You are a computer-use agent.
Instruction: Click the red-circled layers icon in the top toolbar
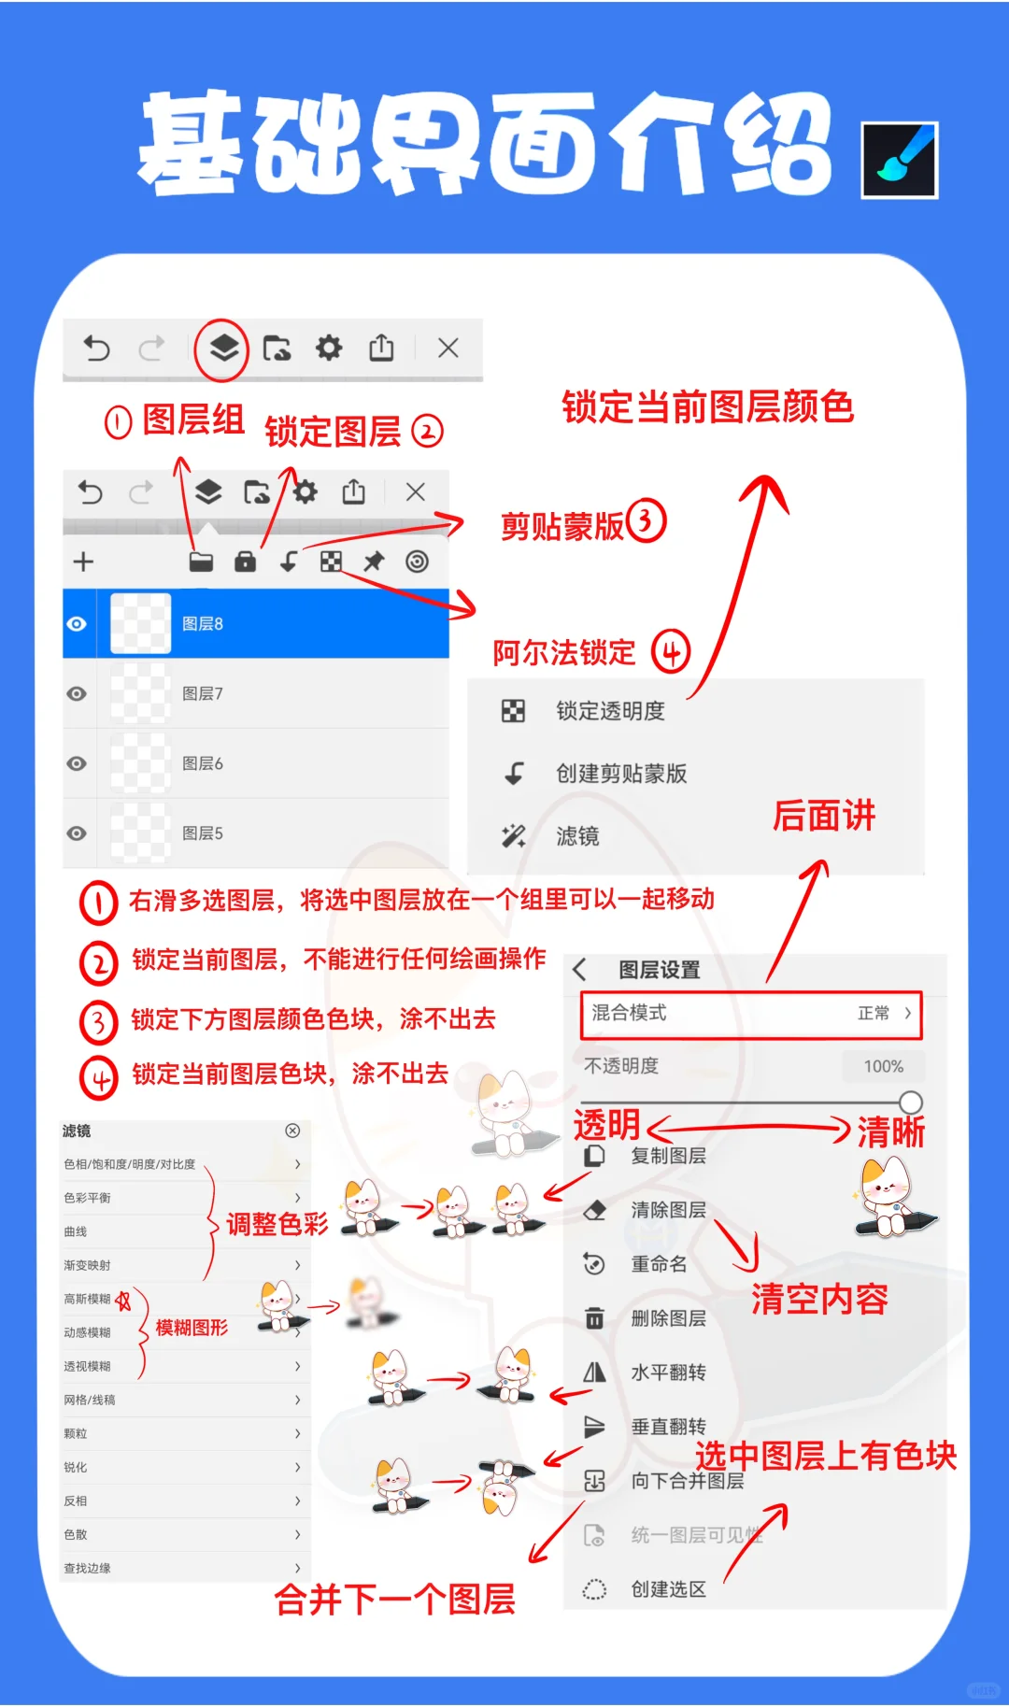tap(221, 349)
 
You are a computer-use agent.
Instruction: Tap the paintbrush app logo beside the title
tap(899, 160)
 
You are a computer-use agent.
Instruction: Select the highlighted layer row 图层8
tap(256, 623)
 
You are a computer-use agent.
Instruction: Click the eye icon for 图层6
tap(78, 763)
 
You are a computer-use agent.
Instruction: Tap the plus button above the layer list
tap(83, 562)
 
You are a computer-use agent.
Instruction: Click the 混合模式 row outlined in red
tap(751, 1014)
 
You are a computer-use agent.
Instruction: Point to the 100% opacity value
tap(883, 1066)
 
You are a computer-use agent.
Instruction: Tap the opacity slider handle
tap(911, 1102)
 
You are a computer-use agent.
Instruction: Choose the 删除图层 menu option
tap(667, 1318)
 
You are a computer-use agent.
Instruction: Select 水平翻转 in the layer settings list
tap(667, 1373)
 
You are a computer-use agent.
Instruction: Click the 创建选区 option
tap(667, 1589)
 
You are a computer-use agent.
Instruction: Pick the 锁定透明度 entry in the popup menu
tap(609, 711)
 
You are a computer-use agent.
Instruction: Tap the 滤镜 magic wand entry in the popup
tap(576, 836)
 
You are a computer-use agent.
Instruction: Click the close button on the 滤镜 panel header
tap(292, 1131)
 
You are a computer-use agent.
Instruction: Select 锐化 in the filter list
tap(77, 1467)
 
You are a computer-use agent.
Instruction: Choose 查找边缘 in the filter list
tap(88, 1568)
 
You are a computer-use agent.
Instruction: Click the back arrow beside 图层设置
tap(580, 970)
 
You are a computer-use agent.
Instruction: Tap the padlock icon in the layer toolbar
tap(245, 562)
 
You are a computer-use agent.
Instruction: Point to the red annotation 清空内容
tap(819, 1300)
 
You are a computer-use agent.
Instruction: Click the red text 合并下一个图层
tap(394, 1600)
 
